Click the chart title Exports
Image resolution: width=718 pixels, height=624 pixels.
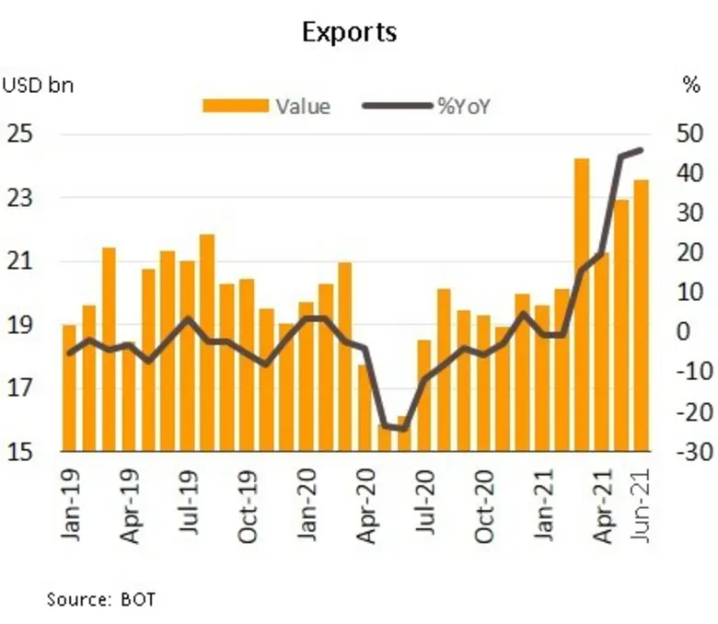pos(350,33)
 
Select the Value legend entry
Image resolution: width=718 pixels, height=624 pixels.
pos(267,106)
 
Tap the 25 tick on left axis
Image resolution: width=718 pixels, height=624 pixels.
pos(24,134)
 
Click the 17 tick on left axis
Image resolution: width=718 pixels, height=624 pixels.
pos(24,388)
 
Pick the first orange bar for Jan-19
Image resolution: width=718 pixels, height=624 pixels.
pos(69,387)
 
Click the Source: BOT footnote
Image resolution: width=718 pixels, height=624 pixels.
pos(101,599)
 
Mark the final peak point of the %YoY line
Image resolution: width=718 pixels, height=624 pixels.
pos(641,150)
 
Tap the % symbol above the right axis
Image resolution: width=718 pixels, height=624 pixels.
pos(691,87)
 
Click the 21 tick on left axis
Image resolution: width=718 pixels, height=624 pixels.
pos(24,261)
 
